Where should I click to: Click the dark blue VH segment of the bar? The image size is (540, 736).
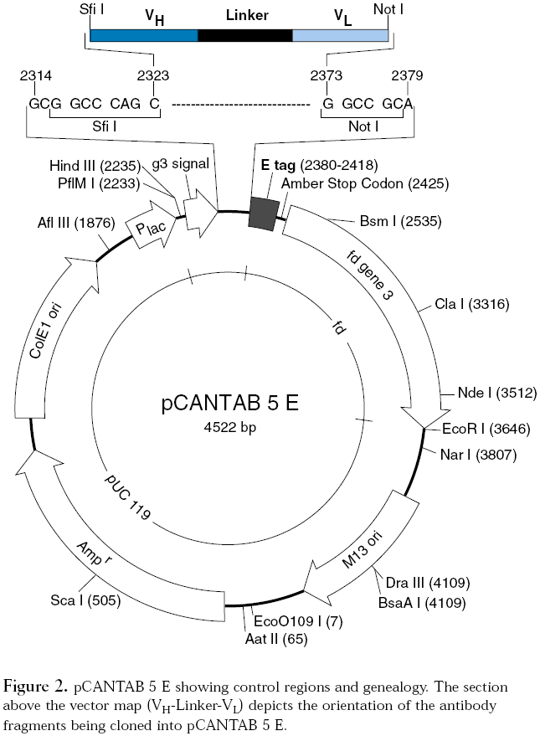pos(143,35)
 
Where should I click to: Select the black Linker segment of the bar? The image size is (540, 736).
pos(244,35)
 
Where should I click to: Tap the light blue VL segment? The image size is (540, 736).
pos(340,35)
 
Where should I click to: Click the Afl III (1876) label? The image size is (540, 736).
pos(80,223)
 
